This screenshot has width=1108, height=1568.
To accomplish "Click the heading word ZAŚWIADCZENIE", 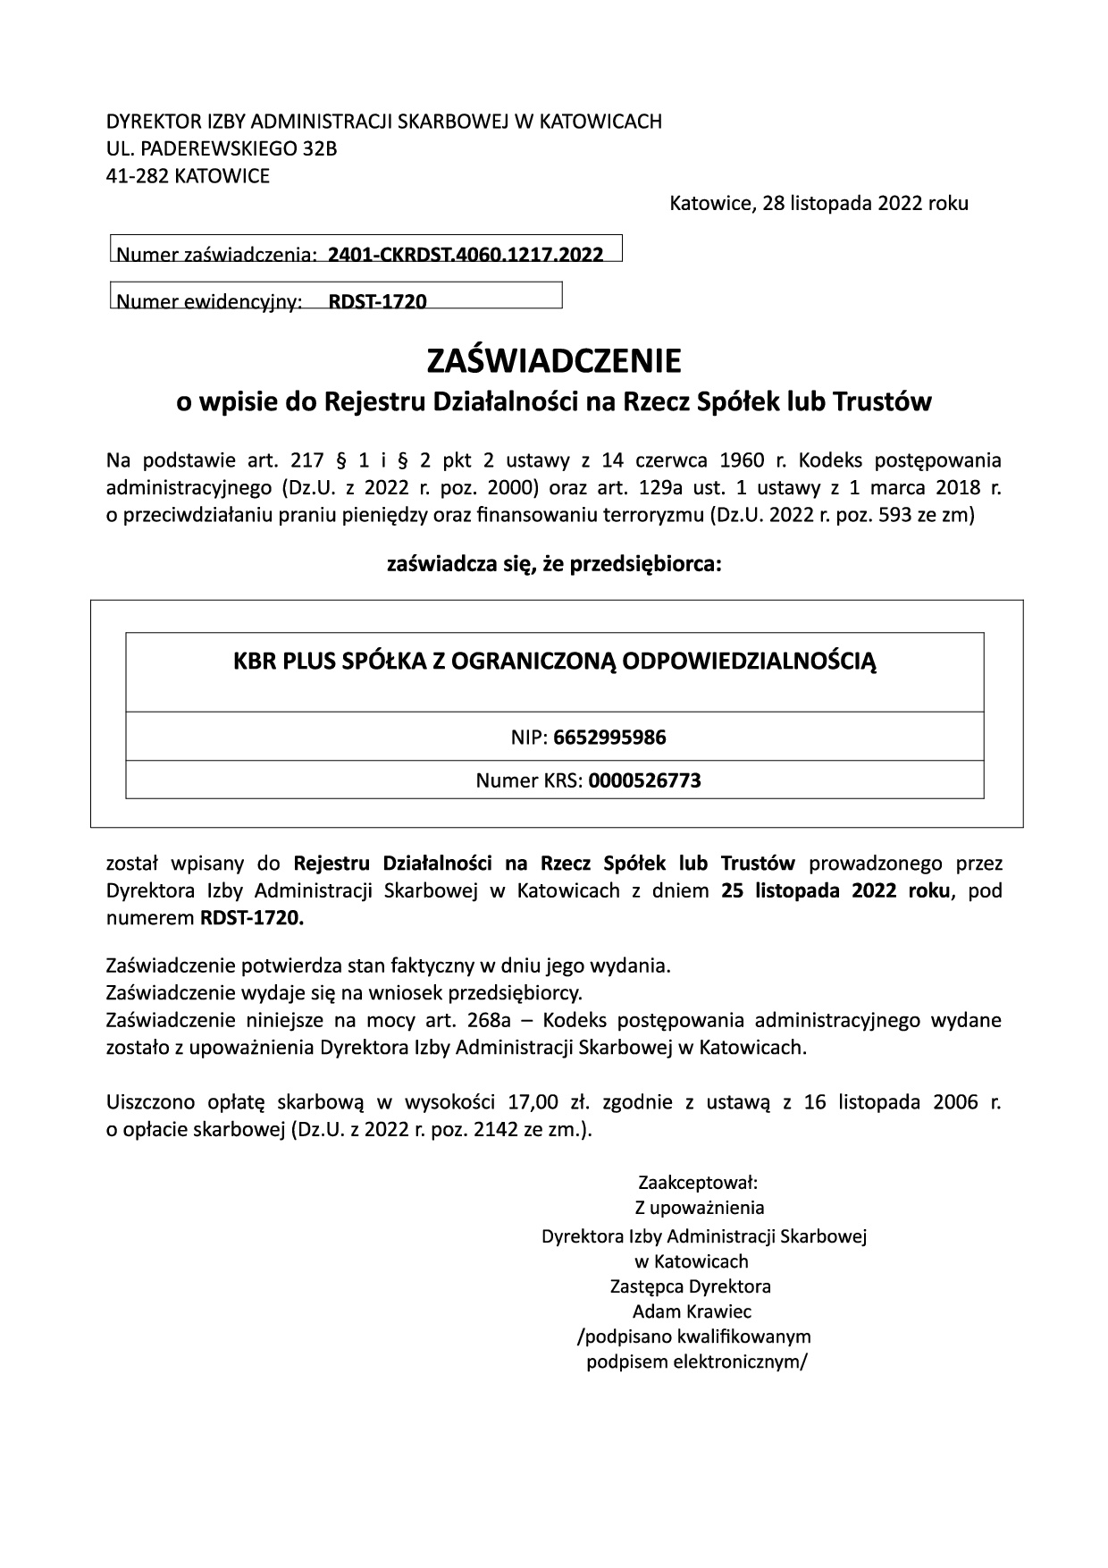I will tap(554, 362).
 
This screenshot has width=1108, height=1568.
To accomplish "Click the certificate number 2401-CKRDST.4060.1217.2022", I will tap(466, 254).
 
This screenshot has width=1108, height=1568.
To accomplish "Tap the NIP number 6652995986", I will tap(609, 738).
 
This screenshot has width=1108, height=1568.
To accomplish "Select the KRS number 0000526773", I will tap(644, 780).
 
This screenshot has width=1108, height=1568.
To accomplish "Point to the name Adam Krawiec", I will tap(692, 1311).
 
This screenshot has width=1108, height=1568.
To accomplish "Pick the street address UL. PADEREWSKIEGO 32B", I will tap(222, 148).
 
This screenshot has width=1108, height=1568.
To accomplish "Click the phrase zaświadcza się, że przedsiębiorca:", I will tap(554, 565).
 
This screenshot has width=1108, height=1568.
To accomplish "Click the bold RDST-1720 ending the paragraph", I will tap(252, 917).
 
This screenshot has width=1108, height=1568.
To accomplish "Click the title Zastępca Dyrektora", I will tap(690, 1286).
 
